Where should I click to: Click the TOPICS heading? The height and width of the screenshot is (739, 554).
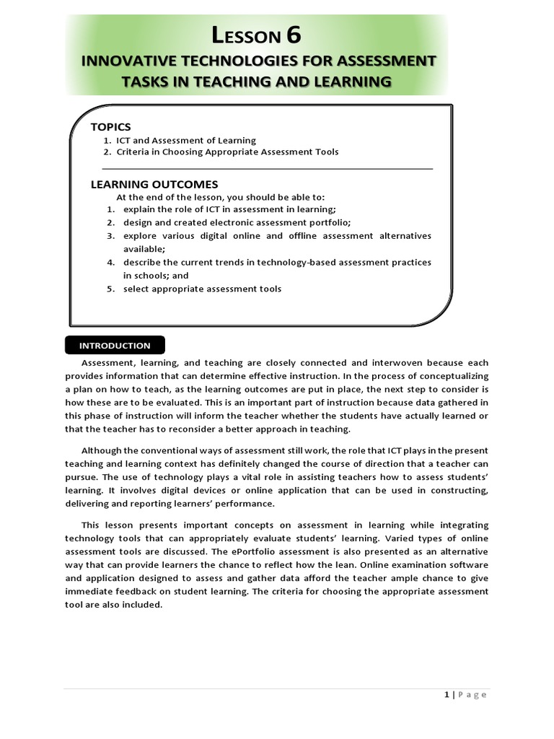pos(110,127)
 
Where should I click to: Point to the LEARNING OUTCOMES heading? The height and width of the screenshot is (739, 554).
pos(154,184)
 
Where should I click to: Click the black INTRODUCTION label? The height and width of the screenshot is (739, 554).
pos(115,346)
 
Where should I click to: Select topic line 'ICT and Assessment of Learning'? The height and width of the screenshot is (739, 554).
pos(185,140)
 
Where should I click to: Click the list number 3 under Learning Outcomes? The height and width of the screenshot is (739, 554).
pos(111,236)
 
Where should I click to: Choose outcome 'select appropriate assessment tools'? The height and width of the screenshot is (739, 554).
pos(202,289)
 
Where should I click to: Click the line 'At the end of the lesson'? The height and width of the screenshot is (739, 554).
pos(220,197)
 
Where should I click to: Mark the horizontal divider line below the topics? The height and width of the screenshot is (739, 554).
pos(261,168)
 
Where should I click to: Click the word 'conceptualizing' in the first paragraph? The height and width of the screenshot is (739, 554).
pos(454,376)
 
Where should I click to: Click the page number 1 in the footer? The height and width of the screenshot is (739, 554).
pos(447,694)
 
